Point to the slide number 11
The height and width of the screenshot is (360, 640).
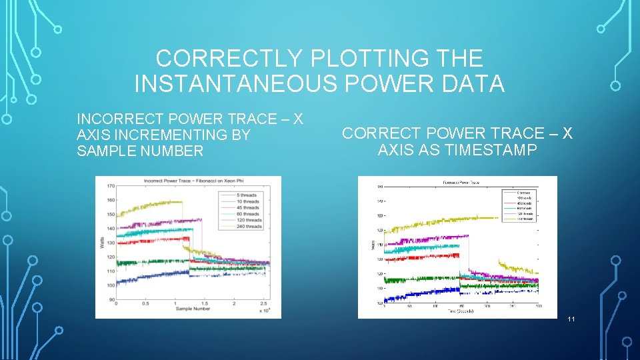(571, 320)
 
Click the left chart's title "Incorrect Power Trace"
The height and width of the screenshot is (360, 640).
(189, 182)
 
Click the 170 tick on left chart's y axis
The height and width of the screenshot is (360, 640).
(110, 186)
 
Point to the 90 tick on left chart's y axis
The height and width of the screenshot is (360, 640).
(110, 300)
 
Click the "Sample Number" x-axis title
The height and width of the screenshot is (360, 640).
(193, 309)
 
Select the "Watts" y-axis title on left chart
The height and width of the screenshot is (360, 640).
(102, 241)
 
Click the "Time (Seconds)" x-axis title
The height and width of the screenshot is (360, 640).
(461, 311)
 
